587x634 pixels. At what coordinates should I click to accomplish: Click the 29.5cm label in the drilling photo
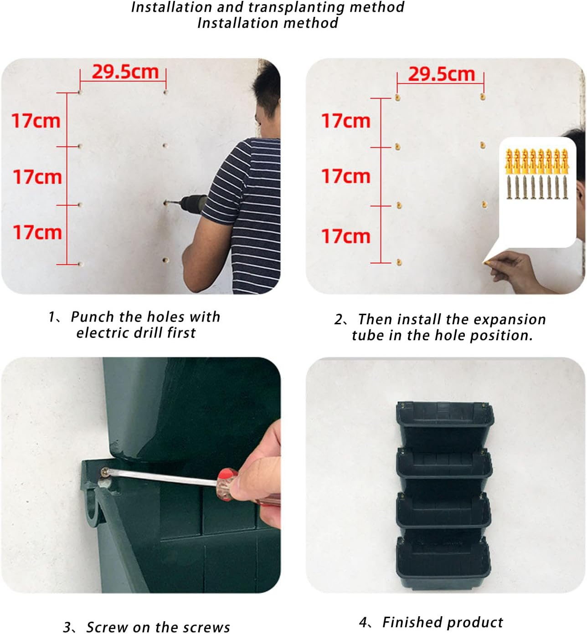(x=125, y=72)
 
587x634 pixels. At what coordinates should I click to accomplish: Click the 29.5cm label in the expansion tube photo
(x=442, y=74)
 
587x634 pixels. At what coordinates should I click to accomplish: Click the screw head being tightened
(x=105, y=472)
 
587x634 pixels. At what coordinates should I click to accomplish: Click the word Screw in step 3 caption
(x=107, y=627)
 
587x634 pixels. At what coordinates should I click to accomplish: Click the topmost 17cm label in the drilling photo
(x=36, y=121)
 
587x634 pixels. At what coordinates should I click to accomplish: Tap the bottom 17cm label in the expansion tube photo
(x=346, y=236)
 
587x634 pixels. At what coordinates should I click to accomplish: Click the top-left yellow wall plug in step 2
(x=397, y=97)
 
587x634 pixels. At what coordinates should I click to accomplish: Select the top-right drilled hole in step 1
(x=165, y=92)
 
